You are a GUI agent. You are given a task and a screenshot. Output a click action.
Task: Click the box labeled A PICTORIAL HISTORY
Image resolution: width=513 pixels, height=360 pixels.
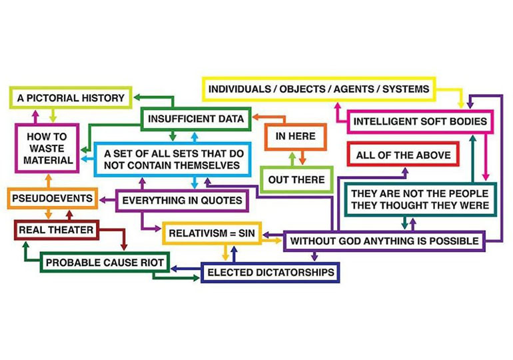pyautogui.click(x=71, y=98)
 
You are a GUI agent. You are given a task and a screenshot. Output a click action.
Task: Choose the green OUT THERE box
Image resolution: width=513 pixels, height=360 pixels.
pyautogui.click(x=296, y=179)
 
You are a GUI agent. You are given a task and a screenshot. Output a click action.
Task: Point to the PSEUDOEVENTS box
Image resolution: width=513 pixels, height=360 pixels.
pyautogui.click(x=52, y=199)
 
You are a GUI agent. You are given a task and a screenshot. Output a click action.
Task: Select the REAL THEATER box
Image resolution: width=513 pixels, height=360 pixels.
pyautogui.click(x=56, y=231)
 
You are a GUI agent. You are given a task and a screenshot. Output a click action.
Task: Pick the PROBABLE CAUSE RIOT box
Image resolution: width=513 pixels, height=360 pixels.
pyautogui.click(x=105, y=263)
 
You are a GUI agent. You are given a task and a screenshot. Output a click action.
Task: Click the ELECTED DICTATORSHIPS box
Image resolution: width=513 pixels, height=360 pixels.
pyautogui.click(x=270, y=272)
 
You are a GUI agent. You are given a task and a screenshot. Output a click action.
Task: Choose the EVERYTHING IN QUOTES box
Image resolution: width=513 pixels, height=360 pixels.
pyautogui.click(x=182, y=200)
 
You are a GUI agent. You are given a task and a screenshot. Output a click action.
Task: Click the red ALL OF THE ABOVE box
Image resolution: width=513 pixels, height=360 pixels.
pyautogui.click(x=403, y=155)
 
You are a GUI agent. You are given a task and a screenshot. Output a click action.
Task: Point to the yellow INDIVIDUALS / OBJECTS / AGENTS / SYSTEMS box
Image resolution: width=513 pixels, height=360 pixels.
pyautogui.click(x=318, y=89)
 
